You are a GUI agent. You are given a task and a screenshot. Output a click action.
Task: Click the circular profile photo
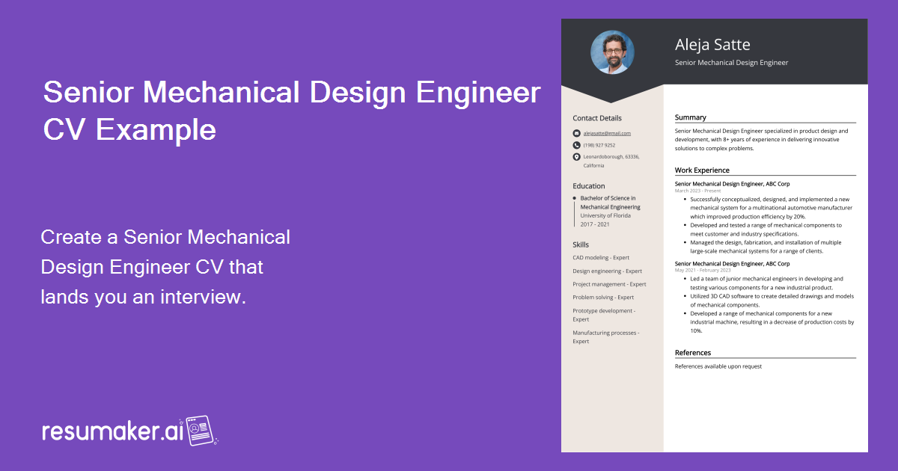[x=612, y=52]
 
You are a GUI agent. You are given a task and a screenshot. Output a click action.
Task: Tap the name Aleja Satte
[x=712, y=44]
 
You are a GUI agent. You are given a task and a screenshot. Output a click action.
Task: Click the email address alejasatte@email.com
[x=607, y=133]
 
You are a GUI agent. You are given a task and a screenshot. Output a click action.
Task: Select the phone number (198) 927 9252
[x=599, y=145]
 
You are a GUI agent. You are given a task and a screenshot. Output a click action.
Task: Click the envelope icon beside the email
[x=576, y=133]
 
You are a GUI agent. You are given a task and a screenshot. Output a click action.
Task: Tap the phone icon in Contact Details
[x=576, y=145]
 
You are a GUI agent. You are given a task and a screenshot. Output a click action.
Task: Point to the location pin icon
[x=576, y=157]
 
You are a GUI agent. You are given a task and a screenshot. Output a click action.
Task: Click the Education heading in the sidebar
[x=589, y=186]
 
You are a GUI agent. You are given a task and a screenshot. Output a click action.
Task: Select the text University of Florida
[x=605, y=215]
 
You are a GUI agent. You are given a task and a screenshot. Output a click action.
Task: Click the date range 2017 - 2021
[x=595, y=224]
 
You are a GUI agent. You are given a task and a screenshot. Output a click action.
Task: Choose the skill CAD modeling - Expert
[x=601, y=258]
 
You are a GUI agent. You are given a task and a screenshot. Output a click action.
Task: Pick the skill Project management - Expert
[x=609, y=284]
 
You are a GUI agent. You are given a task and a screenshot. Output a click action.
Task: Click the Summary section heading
[x=690, y=117]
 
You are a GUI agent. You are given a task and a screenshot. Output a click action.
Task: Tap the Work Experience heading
[x=702, y=170]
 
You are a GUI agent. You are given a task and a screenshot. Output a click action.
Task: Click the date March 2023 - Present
[x=697, y=191]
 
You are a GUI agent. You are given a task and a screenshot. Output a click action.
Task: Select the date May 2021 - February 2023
[x=703, y=270]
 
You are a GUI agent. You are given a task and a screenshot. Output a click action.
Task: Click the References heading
[x=693, y=353]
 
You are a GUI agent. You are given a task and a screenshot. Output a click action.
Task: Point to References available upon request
[x=718, y=366]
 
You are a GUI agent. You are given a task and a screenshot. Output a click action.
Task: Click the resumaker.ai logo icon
[x=201, y=431]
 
